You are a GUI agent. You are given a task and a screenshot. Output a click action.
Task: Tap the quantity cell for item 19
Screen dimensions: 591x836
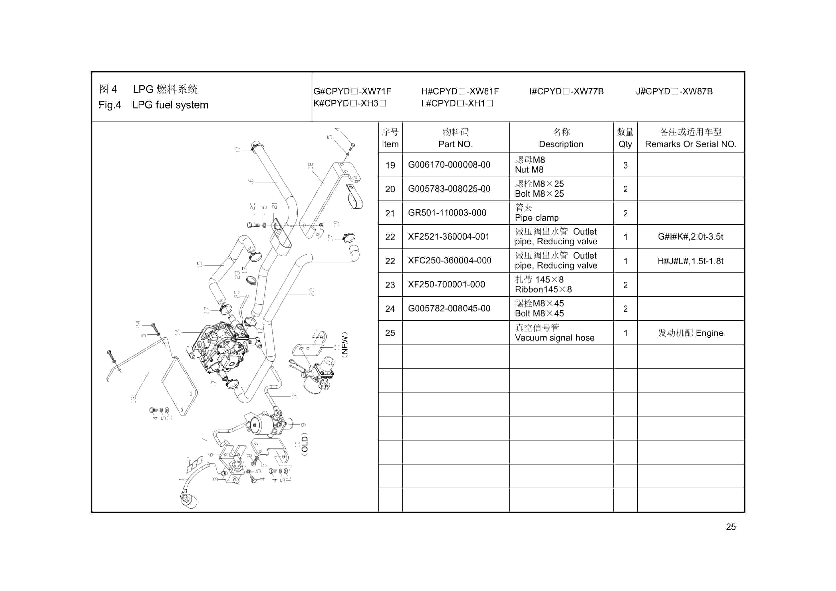click(x=625, y=165)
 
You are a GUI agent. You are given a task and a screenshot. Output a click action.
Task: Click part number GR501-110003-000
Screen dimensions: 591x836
click(x=447, y=213)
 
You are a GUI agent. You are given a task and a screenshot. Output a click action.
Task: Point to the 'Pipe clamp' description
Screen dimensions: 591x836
click(x=536, y=218)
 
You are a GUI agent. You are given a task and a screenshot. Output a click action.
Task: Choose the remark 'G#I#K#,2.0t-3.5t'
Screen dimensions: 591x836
click(x=690, y=237)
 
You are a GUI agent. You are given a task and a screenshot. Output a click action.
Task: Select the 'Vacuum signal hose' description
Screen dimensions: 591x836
click(x=554, y=338)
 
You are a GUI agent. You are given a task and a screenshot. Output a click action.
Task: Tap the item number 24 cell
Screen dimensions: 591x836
click(x=390, y=309)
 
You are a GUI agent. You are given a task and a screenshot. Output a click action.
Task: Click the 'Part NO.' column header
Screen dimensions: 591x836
click(x=455, y=144)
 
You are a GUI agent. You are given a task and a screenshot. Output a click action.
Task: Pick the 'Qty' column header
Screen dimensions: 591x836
click(x=625, y=144)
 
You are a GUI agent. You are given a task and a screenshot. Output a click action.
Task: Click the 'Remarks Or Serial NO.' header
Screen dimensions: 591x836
click(x=690, y=144)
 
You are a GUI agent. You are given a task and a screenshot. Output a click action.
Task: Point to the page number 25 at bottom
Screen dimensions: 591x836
click(x=731, y=527)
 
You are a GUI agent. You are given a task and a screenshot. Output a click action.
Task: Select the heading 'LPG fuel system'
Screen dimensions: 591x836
click(x=170, y=105)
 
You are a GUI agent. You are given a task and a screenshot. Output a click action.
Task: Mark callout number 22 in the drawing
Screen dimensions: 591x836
click(x=312, y=292)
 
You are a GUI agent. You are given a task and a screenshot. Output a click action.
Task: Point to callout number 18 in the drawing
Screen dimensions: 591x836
click(x=310, y=165)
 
